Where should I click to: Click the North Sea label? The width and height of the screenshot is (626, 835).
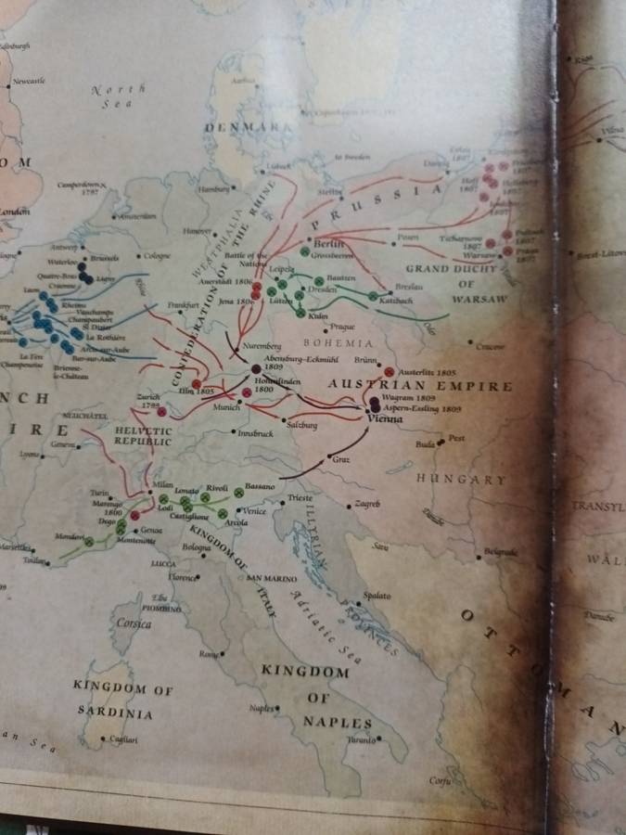point(119,96)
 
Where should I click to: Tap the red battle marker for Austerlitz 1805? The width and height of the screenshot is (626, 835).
point(389,370)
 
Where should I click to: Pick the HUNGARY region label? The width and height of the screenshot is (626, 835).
point(461,480)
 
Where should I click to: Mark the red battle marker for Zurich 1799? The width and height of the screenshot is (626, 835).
point(161,410)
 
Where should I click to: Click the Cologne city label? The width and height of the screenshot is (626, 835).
point(155,256)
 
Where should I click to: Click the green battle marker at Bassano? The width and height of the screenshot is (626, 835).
point(238,493)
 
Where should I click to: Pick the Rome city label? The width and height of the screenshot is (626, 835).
point(207,654)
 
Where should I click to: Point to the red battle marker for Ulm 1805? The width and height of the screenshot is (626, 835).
point(196,383)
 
